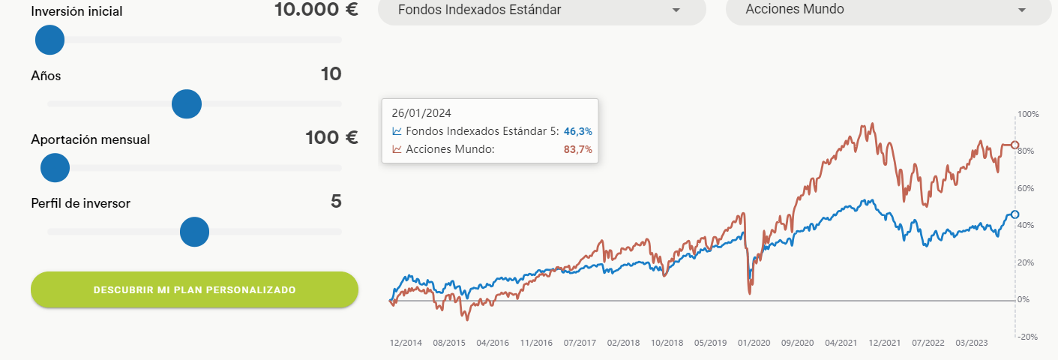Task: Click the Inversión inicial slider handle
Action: tap(49, 40)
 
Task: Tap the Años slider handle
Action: tap(187, 104)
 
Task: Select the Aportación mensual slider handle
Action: tap(55, 168)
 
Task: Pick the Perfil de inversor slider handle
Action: tap(194, 232)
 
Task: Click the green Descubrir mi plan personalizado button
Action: tap(195, 289)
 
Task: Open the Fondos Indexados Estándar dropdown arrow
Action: tap(676, 10)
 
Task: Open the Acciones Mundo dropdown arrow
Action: tap(1022, 10)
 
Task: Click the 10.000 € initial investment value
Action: tap(316, 10)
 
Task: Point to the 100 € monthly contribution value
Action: tap(331, 137)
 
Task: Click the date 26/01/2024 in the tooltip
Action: tap(421, 113)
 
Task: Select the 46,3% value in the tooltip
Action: tap(577, 131)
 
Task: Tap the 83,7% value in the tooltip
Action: tap(577, 149)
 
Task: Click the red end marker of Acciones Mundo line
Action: tap(1015, 145)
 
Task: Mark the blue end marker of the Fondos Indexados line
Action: tap(1015, 214)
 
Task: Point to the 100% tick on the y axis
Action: tap(1028, 114)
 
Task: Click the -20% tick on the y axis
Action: tap(1028, 337)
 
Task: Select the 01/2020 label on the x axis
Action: tap(754, 343)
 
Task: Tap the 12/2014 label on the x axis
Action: tap(406, 343)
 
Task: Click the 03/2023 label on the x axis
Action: tap(972, 343)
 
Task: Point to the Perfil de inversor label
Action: tap(81, 203)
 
